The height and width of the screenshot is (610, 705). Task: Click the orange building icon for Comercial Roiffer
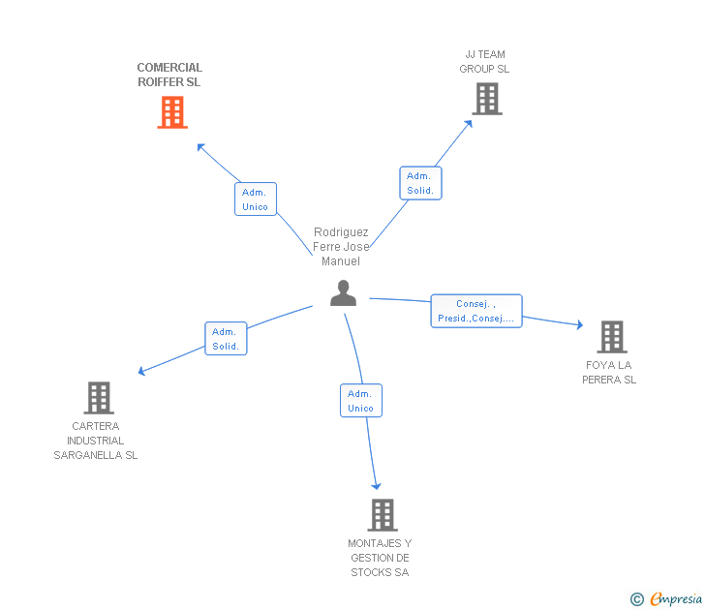click(x=171, y=112)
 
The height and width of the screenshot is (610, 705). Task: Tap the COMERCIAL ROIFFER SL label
click(x=169, y=75)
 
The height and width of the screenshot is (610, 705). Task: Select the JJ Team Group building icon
click(x=486, y=98)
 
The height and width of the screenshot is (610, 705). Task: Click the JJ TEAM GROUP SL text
click(x=484, y=62)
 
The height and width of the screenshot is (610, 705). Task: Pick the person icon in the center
click(x=343, y=292)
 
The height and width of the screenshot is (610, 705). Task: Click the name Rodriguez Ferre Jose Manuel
click(x=341, y=247)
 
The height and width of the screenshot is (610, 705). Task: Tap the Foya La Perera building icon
click(x=611, y=336)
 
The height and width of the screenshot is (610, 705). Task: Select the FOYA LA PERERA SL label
click(x=609, y=373)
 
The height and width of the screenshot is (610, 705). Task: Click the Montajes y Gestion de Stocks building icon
click(x=383, y=514)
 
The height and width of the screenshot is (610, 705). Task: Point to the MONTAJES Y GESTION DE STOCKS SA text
click(x=380, y=558)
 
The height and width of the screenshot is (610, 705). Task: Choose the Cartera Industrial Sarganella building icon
click(x=99, y=397)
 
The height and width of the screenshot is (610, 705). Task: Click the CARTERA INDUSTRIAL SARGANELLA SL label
click(x=96, y=441)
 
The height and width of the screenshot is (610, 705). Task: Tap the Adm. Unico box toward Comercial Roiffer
click(x=256, y=199)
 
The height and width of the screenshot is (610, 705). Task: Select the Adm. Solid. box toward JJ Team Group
click(x=420, y=183)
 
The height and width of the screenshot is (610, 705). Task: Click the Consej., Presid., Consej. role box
click(x=475, y=311)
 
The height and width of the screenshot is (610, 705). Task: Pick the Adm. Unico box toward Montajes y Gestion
click(x=360, y=401)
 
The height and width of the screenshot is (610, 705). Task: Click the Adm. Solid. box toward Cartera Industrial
click(x=226, y=339)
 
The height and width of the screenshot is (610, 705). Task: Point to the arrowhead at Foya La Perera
click(x=579, y=325)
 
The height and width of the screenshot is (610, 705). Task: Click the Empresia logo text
click(x=676, y=599)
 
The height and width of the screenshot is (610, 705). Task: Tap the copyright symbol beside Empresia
click(x=636, y=600)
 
